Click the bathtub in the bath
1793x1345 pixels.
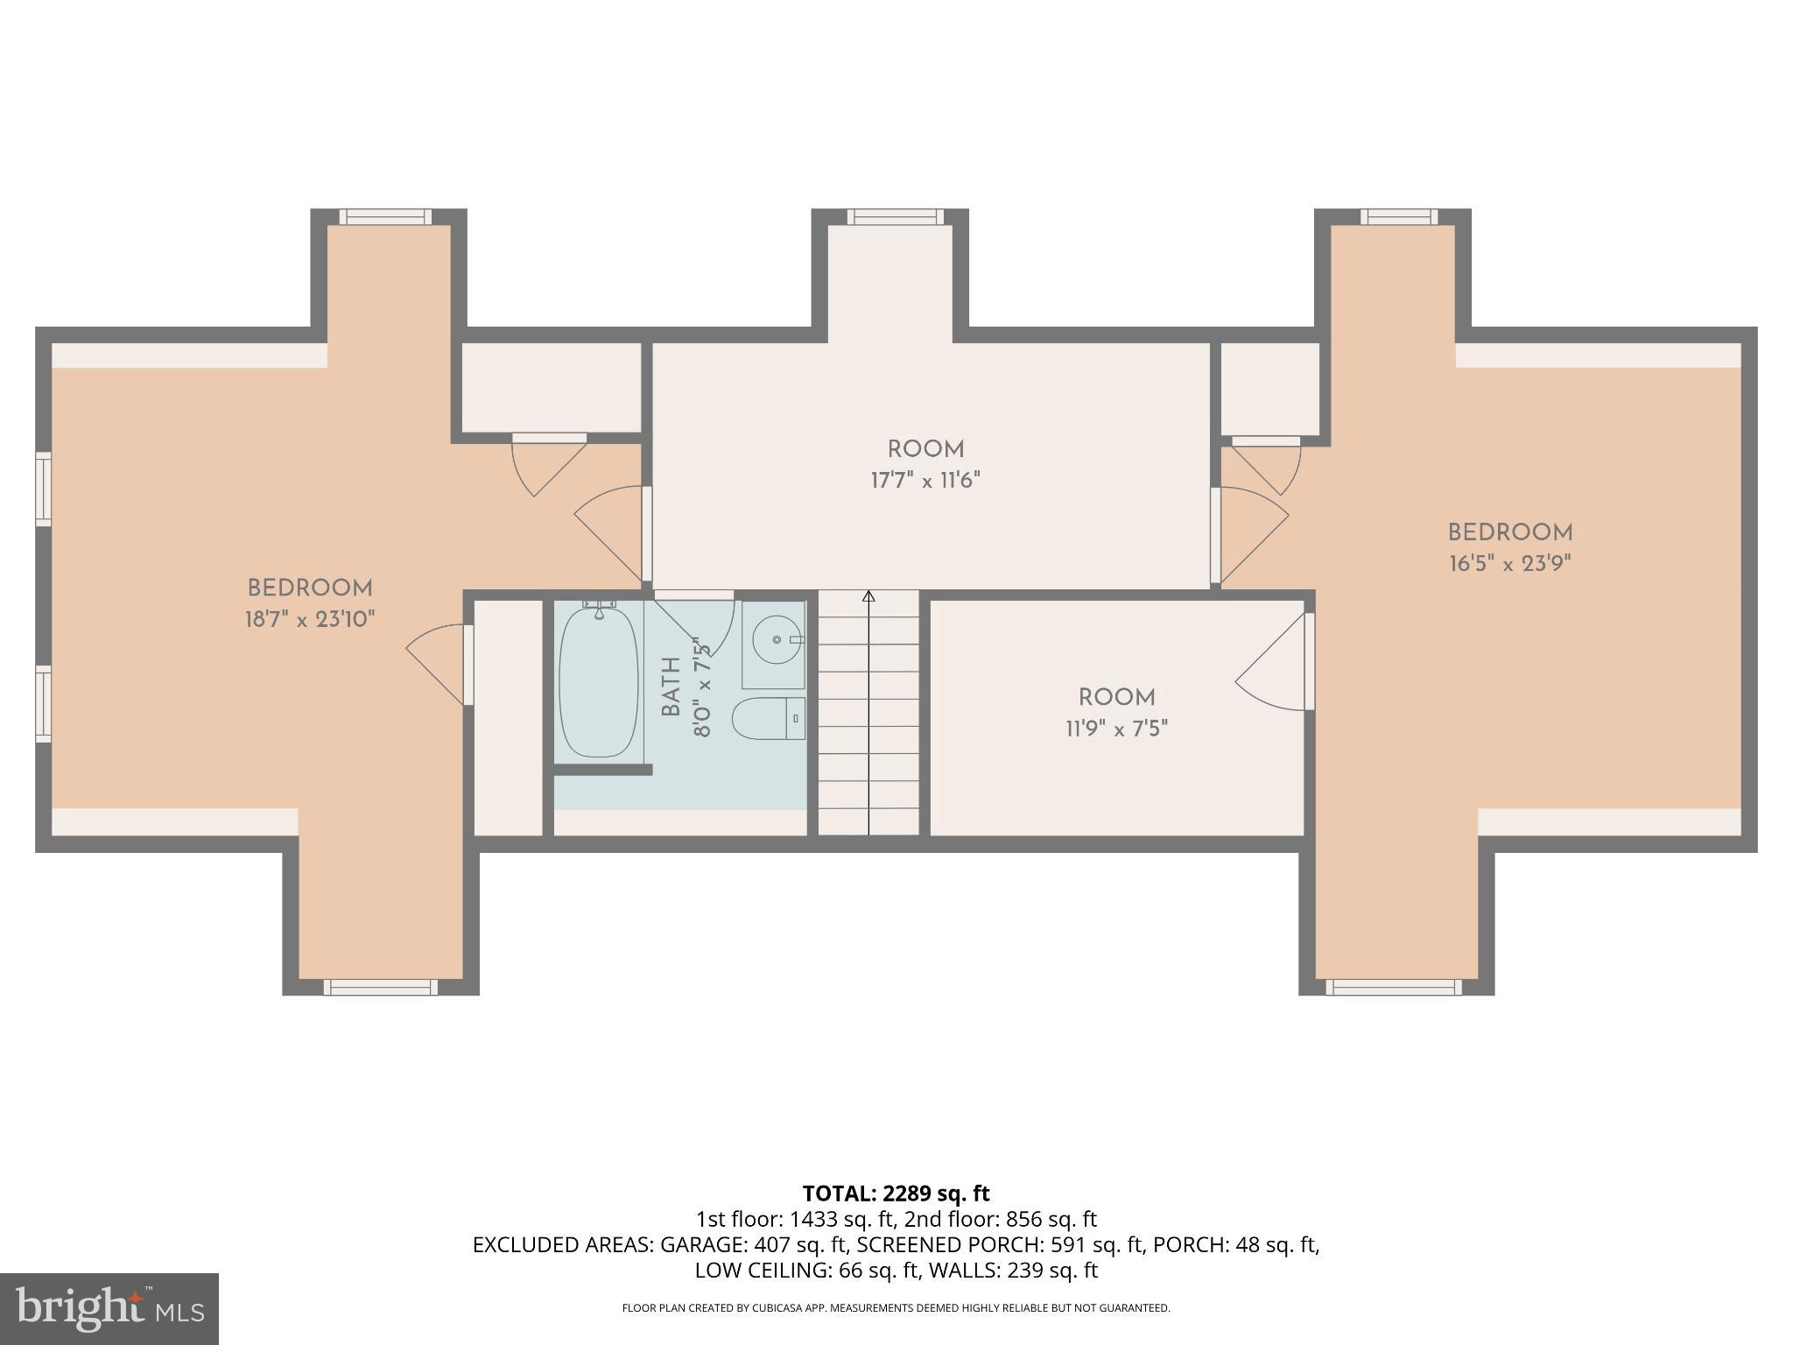click(599, 683)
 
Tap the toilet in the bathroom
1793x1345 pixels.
click(768, 718)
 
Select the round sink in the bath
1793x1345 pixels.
click(776, 640)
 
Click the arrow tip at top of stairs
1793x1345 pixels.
click(868, 596)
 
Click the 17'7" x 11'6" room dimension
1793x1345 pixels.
click(925, 481)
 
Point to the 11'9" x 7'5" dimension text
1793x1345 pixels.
click(1116, 729)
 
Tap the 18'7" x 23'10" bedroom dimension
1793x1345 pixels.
click(310, 620)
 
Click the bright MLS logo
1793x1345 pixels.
click(109, 1308)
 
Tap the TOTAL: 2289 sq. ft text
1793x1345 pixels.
click(896, 1194)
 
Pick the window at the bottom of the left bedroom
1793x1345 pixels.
click(380, 987)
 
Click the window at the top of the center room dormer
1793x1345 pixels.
click(895, 216)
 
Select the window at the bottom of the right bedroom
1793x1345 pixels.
click(1394, 987)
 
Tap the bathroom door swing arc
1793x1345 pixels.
click(700, 626)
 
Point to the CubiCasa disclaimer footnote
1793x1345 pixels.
click(896, 1308)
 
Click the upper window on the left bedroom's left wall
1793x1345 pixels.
click(43, 489)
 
